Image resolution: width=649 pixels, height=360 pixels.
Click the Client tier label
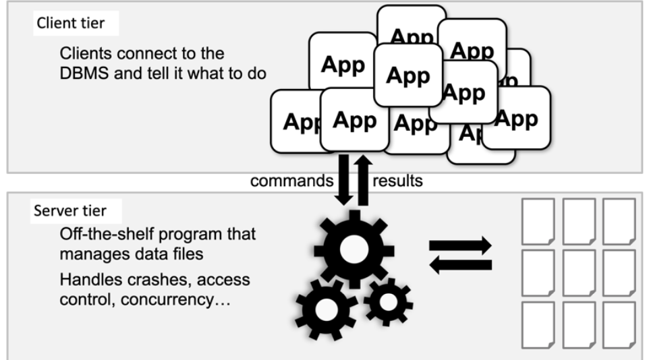[70, 24]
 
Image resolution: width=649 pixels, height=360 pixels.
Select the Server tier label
[70, 211]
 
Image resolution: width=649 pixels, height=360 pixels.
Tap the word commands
[291, 181]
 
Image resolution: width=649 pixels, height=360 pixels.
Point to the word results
[398, 181]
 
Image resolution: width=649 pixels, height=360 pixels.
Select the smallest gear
[387, 303]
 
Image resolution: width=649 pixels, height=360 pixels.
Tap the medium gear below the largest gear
[327, 308]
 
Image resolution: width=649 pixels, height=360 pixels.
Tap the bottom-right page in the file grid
[619, 324]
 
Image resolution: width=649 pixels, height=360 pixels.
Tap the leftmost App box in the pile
[295, 121]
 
